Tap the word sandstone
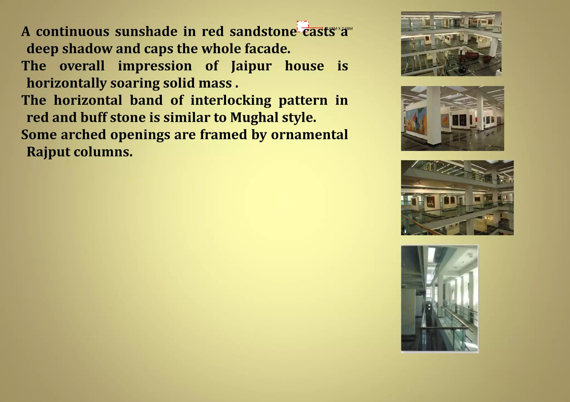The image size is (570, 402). [x=263, y=31]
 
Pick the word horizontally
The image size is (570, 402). [x=67, y=83]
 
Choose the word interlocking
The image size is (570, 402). [x=231, y=100]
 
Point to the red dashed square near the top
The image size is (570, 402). [x=303, y=26]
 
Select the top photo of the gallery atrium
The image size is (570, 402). [x=451, y=44]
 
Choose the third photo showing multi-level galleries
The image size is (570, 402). [x=457, y=198]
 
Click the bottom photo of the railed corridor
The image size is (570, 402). [x=439, y=299]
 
